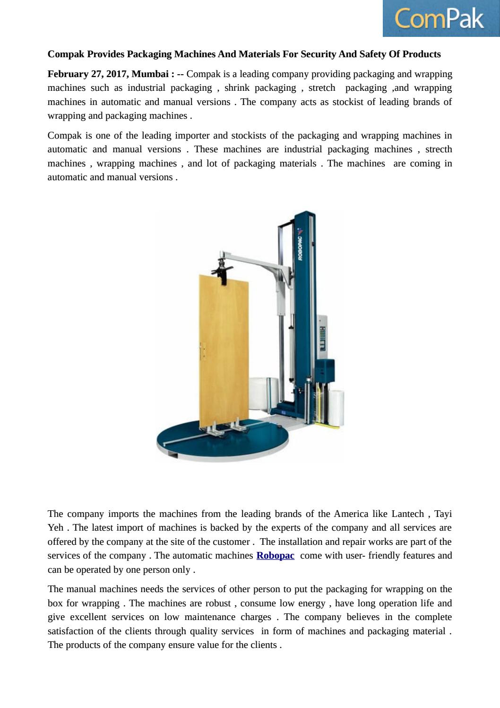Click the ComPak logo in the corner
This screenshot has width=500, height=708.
(440, 18)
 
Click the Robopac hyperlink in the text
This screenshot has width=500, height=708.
(275, 556)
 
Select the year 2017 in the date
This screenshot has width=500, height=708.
(116, 74)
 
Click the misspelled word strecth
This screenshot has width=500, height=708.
(439, 149)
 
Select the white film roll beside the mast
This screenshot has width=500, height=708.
(336, 408)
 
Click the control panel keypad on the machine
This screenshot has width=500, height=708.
(323, 339)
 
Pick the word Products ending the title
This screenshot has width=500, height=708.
(420, 54)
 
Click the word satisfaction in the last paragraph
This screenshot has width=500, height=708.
(70, 631)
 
